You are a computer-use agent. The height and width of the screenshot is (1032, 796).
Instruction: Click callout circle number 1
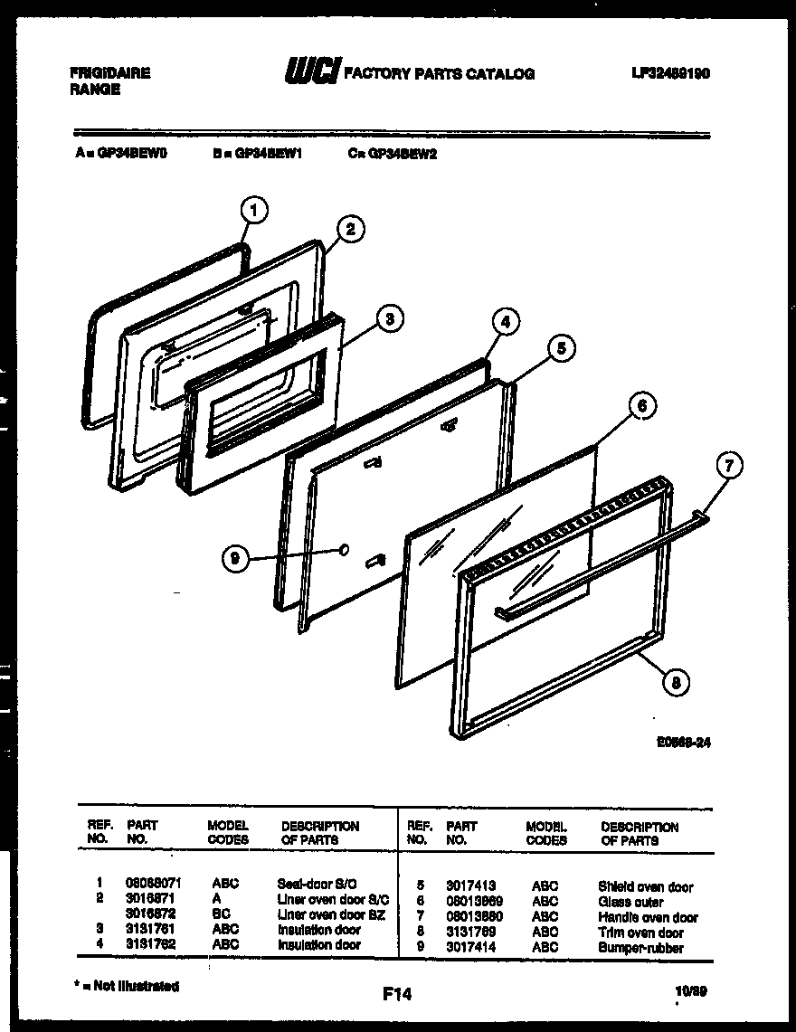click(x=254, y=211)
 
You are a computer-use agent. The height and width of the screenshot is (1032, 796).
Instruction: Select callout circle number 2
click(x=351, y=230)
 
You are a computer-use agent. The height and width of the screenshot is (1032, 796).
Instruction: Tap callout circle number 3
click(x=387, y=318)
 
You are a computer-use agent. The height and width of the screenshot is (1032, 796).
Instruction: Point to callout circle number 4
click(x=506, y=321)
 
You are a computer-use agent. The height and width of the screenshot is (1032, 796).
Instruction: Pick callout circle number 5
click(x=562, y=348)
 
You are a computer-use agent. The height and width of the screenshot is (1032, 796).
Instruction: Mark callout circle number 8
click(x=672, y=684)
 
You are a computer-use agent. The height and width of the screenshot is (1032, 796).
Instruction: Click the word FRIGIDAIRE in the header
click(x=109, y=73)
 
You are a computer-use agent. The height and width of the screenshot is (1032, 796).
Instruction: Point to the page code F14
click(x=396, y=994)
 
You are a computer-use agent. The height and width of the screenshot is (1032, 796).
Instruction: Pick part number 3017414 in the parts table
click(x=471, y=947)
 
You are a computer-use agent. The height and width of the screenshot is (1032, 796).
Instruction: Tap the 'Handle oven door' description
click(x=648, y=917)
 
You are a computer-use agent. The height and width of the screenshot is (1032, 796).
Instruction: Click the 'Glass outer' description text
click(x=630, y=902)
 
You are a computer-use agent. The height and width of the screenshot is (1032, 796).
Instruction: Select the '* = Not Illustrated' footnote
click(x=128, y=987)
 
